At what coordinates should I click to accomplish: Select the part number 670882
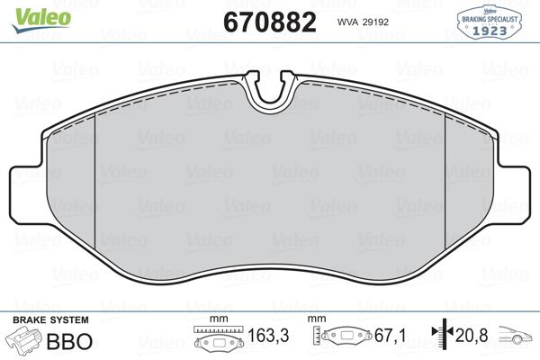pos(268,22)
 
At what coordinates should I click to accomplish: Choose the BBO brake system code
pos(76,342)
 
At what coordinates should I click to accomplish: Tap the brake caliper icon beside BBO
pos(26,341)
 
